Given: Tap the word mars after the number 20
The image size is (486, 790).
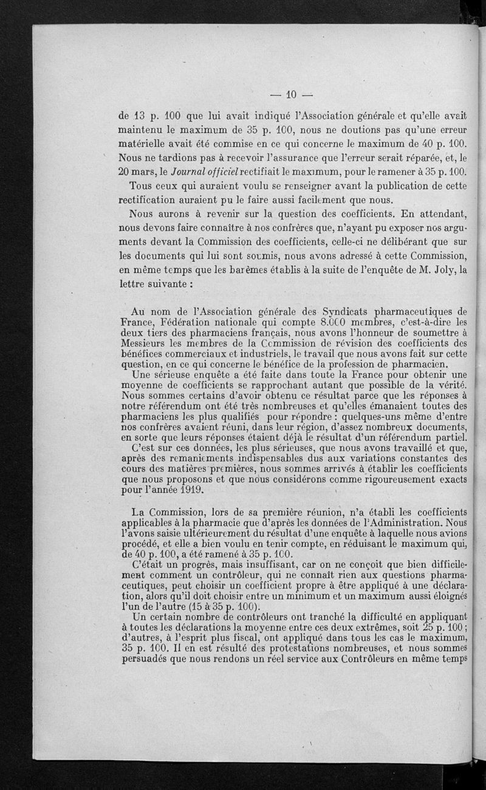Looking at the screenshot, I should pyautogui.click(x=144, y=171).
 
